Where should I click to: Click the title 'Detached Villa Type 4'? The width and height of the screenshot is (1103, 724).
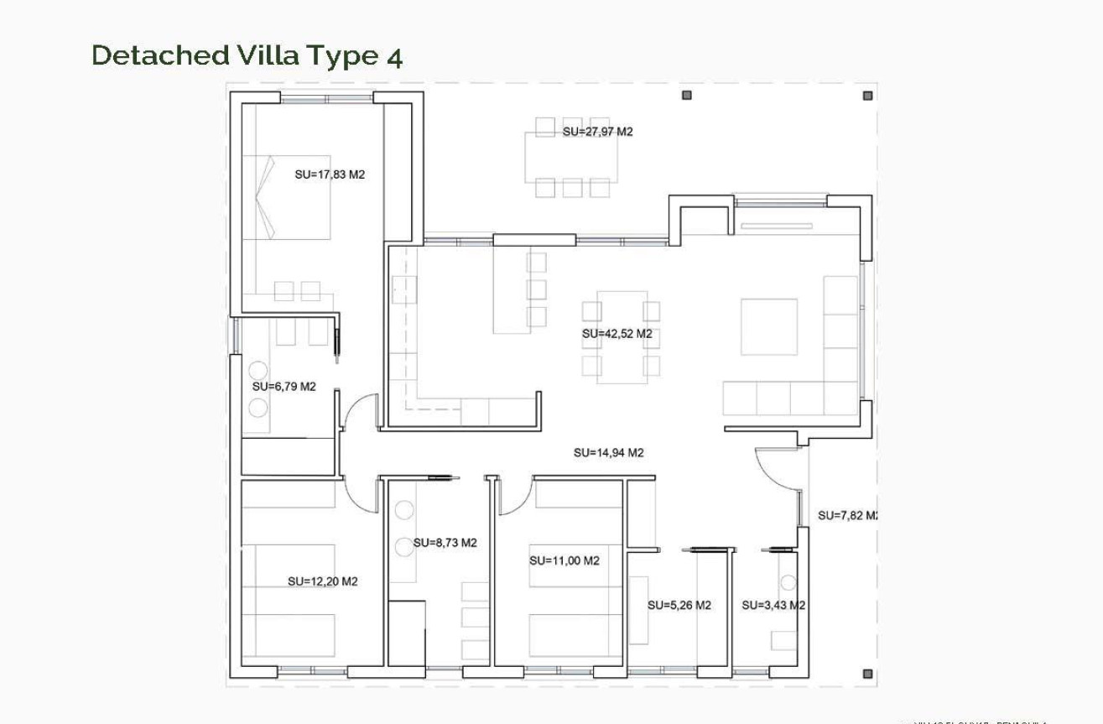247,55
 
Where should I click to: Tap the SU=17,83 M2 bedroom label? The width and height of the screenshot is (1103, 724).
330,174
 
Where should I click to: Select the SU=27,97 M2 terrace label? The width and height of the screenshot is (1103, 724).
597,132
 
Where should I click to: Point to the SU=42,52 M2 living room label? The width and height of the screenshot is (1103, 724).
617,333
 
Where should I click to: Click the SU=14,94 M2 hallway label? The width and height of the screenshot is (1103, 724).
608,452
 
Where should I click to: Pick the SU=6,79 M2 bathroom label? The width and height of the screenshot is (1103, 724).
284,387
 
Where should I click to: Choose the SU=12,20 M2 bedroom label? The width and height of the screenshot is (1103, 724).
322,581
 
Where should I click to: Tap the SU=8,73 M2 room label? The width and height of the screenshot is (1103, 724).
445,543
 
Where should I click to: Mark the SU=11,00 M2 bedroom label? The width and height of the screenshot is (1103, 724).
564,560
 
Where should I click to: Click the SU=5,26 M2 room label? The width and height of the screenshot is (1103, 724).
679,605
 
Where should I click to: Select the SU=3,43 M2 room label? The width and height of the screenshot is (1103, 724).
773,605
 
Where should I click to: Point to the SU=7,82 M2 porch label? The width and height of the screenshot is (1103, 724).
847,515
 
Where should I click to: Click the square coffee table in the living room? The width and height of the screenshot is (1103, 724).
768,326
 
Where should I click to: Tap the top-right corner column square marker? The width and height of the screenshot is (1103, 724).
868,96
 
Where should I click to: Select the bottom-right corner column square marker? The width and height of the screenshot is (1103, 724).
868,674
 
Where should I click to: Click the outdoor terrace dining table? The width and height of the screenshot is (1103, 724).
571,157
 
